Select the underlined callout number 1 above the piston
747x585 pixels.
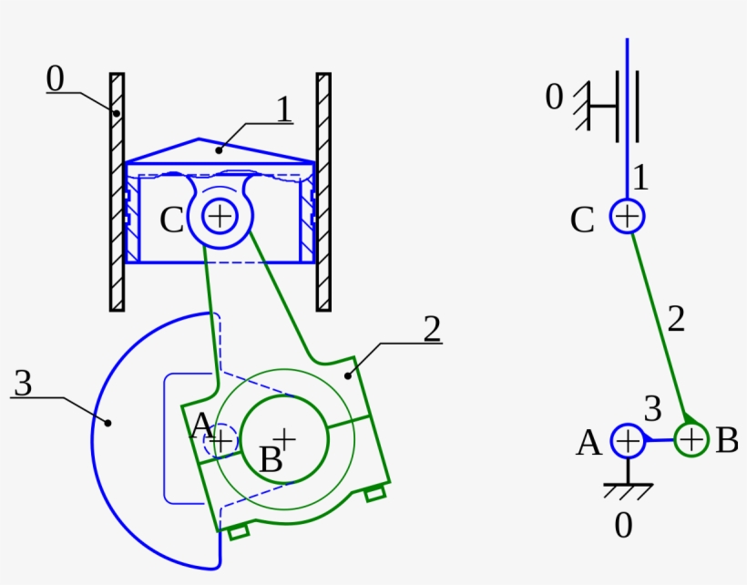[283, 109]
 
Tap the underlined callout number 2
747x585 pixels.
[432, 328]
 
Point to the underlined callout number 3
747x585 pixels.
[23, 384]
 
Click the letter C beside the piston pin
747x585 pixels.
[172, 220]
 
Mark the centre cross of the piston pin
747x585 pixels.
[220, 216]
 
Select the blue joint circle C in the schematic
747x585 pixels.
[627, 217]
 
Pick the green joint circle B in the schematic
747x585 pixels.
[691, 440]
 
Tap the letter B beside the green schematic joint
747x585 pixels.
[726, 440]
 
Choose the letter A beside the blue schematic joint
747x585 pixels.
[589, 443]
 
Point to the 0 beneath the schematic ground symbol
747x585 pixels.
[622, 526]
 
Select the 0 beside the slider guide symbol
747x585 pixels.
[554, 97]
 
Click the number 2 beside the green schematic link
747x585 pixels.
[675, 319]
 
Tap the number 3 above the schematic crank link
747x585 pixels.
[652, 410]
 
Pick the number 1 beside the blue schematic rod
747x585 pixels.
[640, 178]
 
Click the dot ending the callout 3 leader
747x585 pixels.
[107, 422]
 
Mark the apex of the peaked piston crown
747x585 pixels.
[199, 140]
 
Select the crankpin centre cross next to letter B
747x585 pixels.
[285, 438]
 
